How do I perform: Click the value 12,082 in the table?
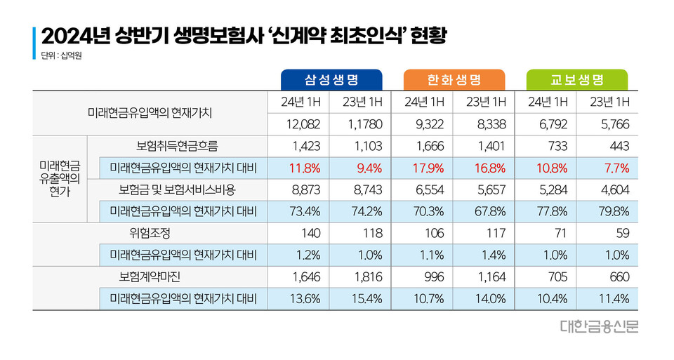click(304, 125)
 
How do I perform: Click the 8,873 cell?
click(304, 189)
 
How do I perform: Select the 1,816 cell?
click(366, 276)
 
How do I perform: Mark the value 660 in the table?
click(616, 276)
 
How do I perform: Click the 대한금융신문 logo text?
click(600, 326)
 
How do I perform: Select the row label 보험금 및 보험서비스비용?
click(177, 189)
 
